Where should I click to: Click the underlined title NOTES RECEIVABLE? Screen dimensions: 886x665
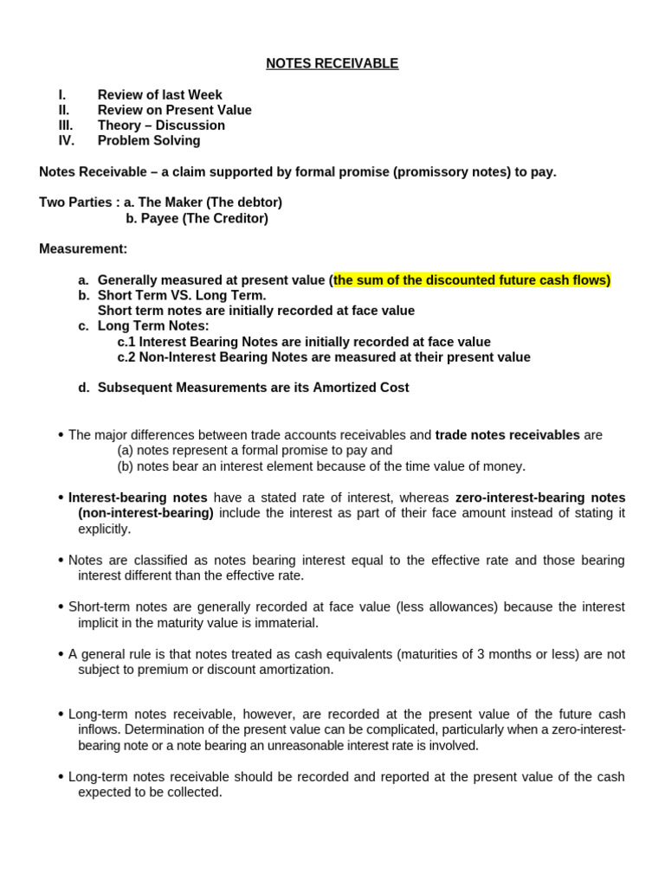(332, 63)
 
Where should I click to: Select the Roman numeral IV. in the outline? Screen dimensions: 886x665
(67, 140)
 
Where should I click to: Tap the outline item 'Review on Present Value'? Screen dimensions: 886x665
(174, 110)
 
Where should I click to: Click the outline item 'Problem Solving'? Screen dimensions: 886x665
(148, 140)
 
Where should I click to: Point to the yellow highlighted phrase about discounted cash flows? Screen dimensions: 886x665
(472, 279)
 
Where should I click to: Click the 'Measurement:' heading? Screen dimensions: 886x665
(83, 248)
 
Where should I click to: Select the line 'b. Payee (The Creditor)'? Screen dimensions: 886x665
(197, 218)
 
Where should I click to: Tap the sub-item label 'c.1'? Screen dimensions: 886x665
(126, 342)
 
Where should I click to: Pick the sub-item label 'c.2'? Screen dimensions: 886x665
(126, 356)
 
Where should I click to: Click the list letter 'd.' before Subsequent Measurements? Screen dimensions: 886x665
(84, 388)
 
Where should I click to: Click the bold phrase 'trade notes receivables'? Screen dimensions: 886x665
(507, 435)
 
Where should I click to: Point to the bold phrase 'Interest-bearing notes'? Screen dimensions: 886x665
(138, 498)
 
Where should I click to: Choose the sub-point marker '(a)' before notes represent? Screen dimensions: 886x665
(126, 451)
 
